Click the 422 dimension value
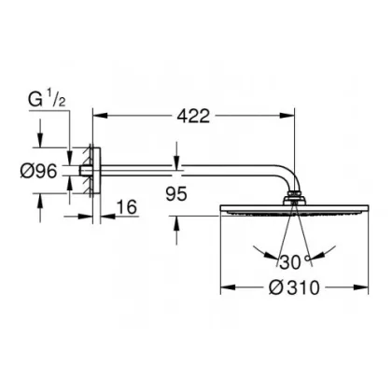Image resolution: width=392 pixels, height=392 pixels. point(193,116)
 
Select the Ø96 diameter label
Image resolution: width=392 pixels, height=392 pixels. point(39,171)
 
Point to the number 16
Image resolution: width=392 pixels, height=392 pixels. point(127,207)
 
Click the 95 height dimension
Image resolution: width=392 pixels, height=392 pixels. point(176,194)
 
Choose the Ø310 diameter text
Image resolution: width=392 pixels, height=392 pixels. point(294,287)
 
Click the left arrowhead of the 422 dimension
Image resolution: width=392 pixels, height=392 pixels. point(100,116)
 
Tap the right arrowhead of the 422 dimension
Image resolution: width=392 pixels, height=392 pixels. point(287,116)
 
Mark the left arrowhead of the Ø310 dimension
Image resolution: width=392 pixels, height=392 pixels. point(228,287)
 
